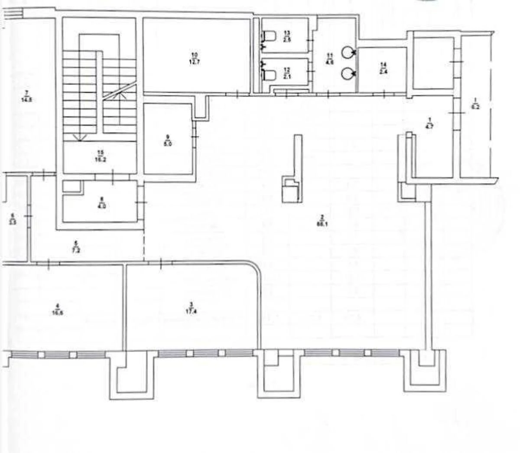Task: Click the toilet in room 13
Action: pyautogui.click(x=269, y=35)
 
